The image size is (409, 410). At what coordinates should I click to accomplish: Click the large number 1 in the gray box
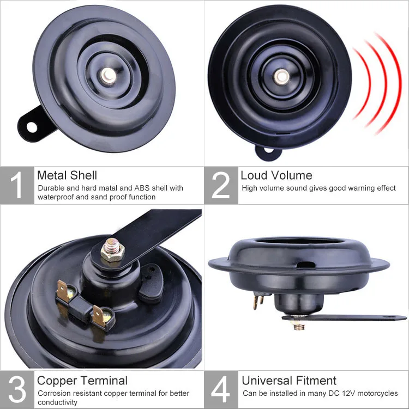17,186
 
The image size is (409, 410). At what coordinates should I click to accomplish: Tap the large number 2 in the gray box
221,186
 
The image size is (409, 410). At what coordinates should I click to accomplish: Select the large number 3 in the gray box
17,390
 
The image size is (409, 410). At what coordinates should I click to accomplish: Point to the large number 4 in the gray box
221,390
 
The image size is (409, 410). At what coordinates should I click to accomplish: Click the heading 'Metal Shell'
67,175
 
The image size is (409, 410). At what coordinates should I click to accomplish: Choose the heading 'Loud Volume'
276,175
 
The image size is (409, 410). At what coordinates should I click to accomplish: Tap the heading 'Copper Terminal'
82,381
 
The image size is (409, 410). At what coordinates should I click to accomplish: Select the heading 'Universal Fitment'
289,381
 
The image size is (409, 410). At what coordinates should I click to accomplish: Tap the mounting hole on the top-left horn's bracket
32,127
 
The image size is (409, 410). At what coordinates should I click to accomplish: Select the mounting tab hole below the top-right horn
267,151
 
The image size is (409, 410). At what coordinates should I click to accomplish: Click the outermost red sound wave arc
396,82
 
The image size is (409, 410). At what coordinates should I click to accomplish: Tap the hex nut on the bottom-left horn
113,252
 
